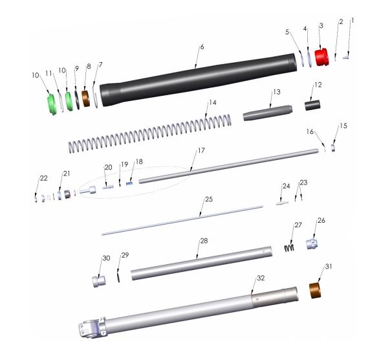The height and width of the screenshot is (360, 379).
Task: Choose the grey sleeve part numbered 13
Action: [x=265, y=114]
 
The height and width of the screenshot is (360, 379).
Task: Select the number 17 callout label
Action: [x=201, y=150]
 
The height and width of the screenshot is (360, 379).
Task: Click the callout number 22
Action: [x=43, y=178]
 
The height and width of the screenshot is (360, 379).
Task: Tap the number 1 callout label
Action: [x=352, y=21]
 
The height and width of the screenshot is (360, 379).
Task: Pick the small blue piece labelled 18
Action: [x=129, y=183]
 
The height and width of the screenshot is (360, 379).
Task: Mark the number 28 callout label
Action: [x=203, y=241]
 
